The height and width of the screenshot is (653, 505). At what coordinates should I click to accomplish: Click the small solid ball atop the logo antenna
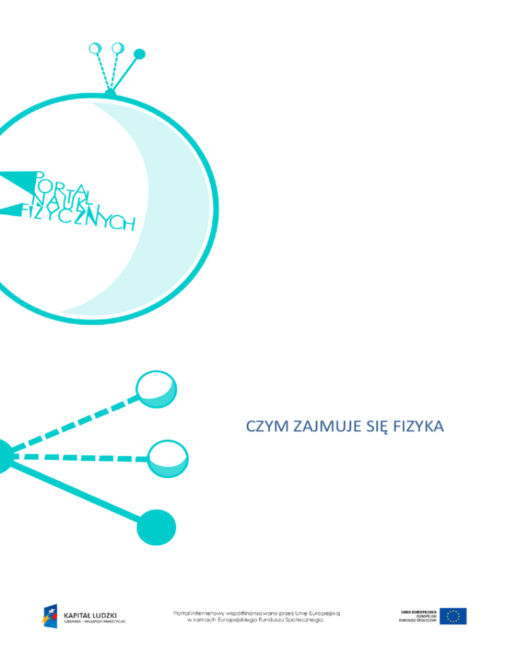pyautogui.click(x=139, y=54)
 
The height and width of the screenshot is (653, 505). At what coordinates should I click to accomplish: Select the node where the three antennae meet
pyautogui.click(x=110, y=94)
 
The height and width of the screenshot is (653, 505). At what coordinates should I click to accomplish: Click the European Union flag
pyautogui.click(x=454, y=616)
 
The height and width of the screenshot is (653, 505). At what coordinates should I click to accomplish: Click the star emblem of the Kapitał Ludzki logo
pyautogui.click(x=51, y=616)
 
